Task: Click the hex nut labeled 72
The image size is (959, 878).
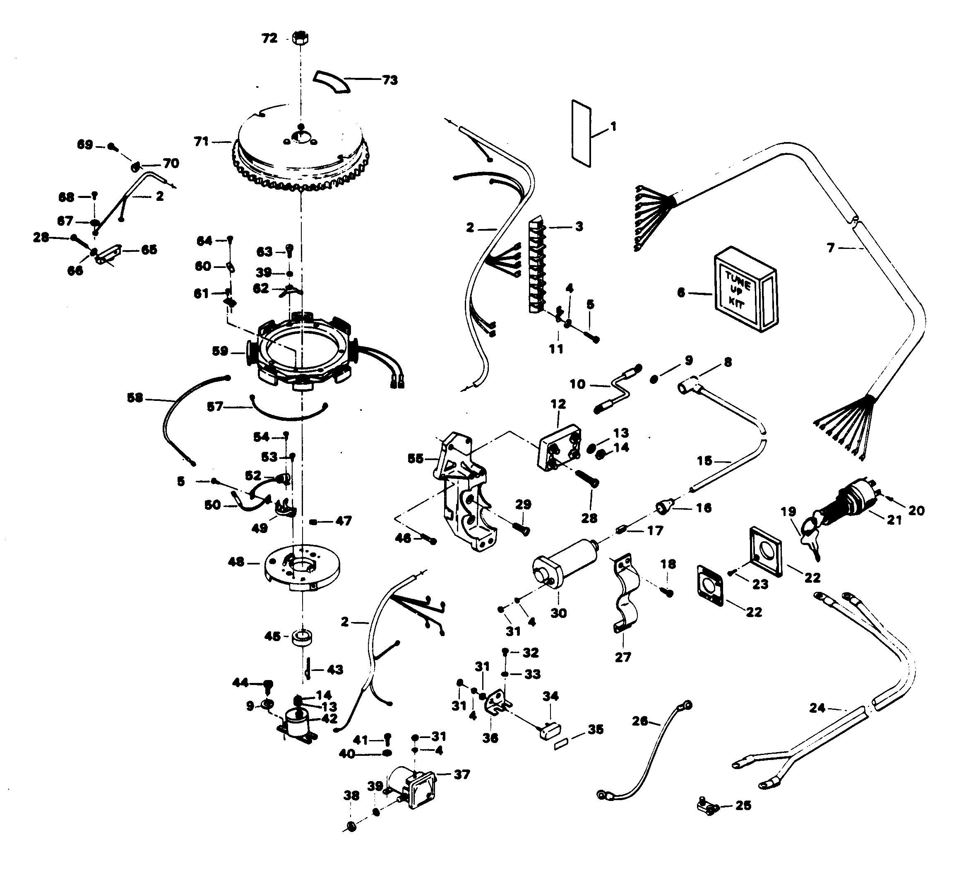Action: click(x=300, y=38)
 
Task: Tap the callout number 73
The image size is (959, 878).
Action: click(x=389, y=80)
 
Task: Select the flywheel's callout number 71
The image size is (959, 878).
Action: click(x=202, y=141)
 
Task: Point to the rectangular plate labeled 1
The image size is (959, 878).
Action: click(x=580, y=133)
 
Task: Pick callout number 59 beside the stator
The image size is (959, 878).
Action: click(x=220, y=352)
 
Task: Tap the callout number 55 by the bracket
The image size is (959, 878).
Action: click(x=415, y=458)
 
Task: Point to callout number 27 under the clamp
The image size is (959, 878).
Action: click(x=623, y=657)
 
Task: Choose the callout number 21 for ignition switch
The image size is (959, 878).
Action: click(x=894, y=520)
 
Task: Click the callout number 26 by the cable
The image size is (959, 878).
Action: click(x=640, y=721)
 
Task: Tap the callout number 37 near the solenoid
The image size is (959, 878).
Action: click(x=461, y=774)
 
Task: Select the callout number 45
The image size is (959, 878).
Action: click(x=272, y=636)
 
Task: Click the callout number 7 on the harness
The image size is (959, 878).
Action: click(x=831, y=248)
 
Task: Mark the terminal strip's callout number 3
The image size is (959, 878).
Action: click(x=579, y=227)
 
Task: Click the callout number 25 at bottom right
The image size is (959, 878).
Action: click(x=743, y=805)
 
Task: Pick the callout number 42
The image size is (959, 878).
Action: click(x=329, y=719)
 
